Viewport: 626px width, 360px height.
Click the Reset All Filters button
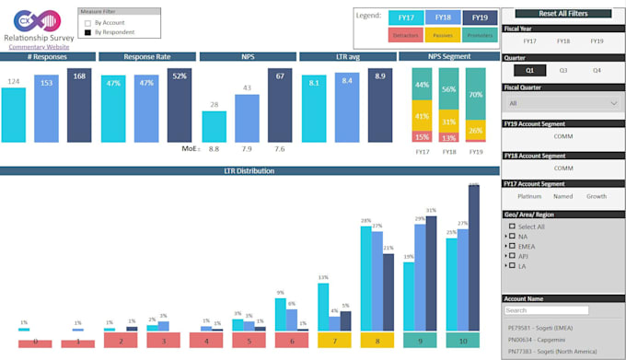tap(562, 14)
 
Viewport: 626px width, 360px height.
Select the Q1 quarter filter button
tap(528, 70)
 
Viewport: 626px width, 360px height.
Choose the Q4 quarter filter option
tap(597, 70)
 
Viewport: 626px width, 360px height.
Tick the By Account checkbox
tap(87, 22)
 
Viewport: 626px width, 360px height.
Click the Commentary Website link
tap(33, 47)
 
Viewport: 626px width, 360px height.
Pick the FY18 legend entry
tap(443, 17)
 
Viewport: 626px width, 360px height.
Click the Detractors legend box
tap(405, 36)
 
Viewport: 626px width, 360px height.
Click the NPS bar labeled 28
tap(214, 127)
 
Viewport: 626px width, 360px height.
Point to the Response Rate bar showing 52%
tap(180, 105)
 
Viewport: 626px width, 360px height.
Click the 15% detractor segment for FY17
tap(422, 136)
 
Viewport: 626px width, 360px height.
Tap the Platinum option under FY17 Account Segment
tap(529, 196)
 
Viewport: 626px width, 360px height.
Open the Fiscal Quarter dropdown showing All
tap(562, 103)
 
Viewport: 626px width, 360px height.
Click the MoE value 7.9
tap(247, 148)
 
